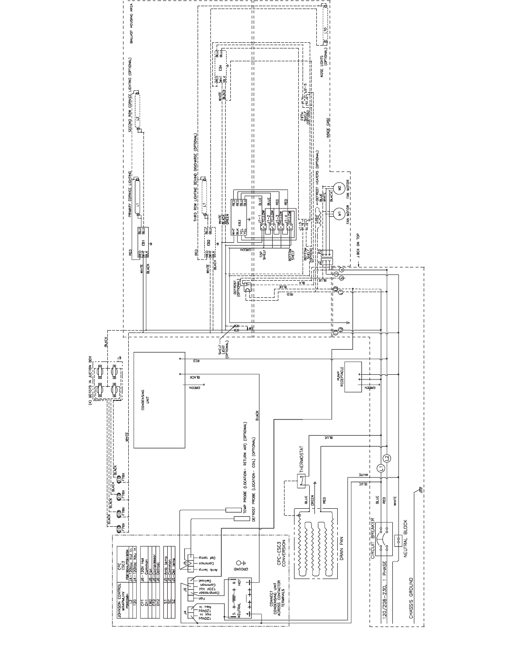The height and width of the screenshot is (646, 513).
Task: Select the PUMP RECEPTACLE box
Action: [x=352, y=377]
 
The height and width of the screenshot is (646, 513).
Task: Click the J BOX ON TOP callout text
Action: [x=359, y=246]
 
